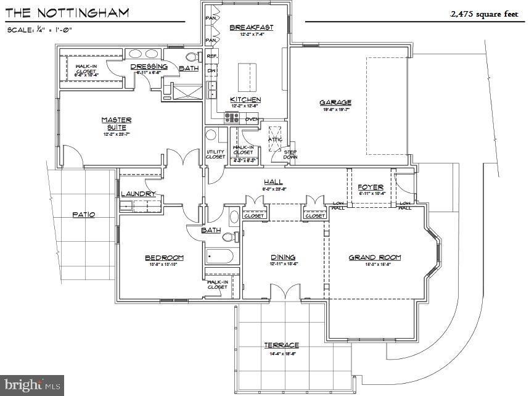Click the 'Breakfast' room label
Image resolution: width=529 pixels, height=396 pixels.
pyautogui.click(x=251, y=27)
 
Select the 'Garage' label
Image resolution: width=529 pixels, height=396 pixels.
pyautogui.click(x=335, y=102)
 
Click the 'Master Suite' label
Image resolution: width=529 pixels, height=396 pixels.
pyautogui.click(x=116, y=123)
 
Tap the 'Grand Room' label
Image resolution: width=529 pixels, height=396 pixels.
pyautogui.click(x=375, y=257)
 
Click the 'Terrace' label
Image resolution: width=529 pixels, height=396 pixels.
pyautogui.click(x=281, y=345)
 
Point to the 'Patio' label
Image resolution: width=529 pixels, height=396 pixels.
pyautogui.click(x=83, y=215)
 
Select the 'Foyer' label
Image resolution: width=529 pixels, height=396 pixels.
pyautogui.click(x=371, y=187)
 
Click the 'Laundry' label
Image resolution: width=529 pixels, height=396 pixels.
pyautogui.click(x=139, y=194)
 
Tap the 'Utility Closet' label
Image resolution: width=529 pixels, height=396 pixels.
pyautogui.click(x=215, y=154)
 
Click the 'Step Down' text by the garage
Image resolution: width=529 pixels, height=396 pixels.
pyautogui.click(x=290, y=154)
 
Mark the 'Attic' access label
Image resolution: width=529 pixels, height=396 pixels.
pyautogui.click(x=275, y=139)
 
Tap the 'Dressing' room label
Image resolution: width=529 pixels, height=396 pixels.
pyautogui.click(x=149, y=67)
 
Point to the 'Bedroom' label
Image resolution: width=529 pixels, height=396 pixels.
pyautogui.click(x=164, y=257)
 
